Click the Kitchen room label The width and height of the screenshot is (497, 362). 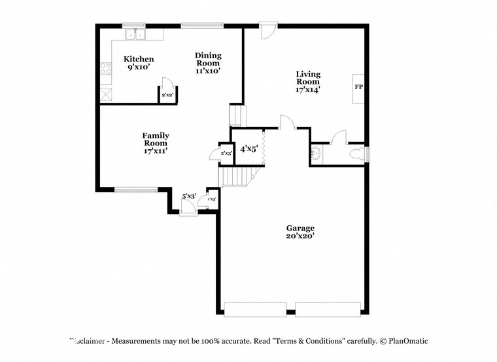pos(139,59)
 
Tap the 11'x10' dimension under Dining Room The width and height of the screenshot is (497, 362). pos(208,71)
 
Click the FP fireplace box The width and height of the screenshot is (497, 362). pos(358,86)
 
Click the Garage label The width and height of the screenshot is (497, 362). pos(300,228)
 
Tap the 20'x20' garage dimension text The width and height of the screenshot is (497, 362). pos(300,236)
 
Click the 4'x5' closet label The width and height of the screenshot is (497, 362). pos(248,149)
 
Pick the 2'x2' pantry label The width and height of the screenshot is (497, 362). pos(167,96)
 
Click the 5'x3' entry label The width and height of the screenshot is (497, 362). pos(189,196)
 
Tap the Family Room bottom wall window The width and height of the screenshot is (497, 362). pos(137,190)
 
